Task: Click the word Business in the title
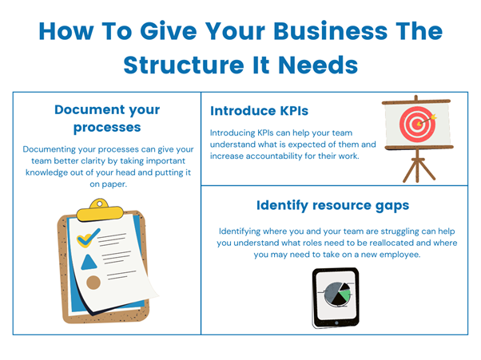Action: [x=330, y=32]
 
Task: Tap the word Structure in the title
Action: [x=184, y=65]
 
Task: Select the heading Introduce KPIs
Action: [x=259, y=111]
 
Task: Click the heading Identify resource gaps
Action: [x=333, y=206]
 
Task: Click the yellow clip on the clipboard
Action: [x=100, y=211]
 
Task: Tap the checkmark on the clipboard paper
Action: [x=89, y=237]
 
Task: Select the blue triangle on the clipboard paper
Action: [x=89, y=263]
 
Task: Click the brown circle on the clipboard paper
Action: [x=93, y=283]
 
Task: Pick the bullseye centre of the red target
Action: [x=417, y=124]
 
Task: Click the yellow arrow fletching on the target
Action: [x=433, y=117]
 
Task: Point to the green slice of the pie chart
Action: [x=345, y=295]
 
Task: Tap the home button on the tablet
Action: [x=336, y=323]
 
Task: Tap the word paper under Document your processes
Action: [x=114, y=184]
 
